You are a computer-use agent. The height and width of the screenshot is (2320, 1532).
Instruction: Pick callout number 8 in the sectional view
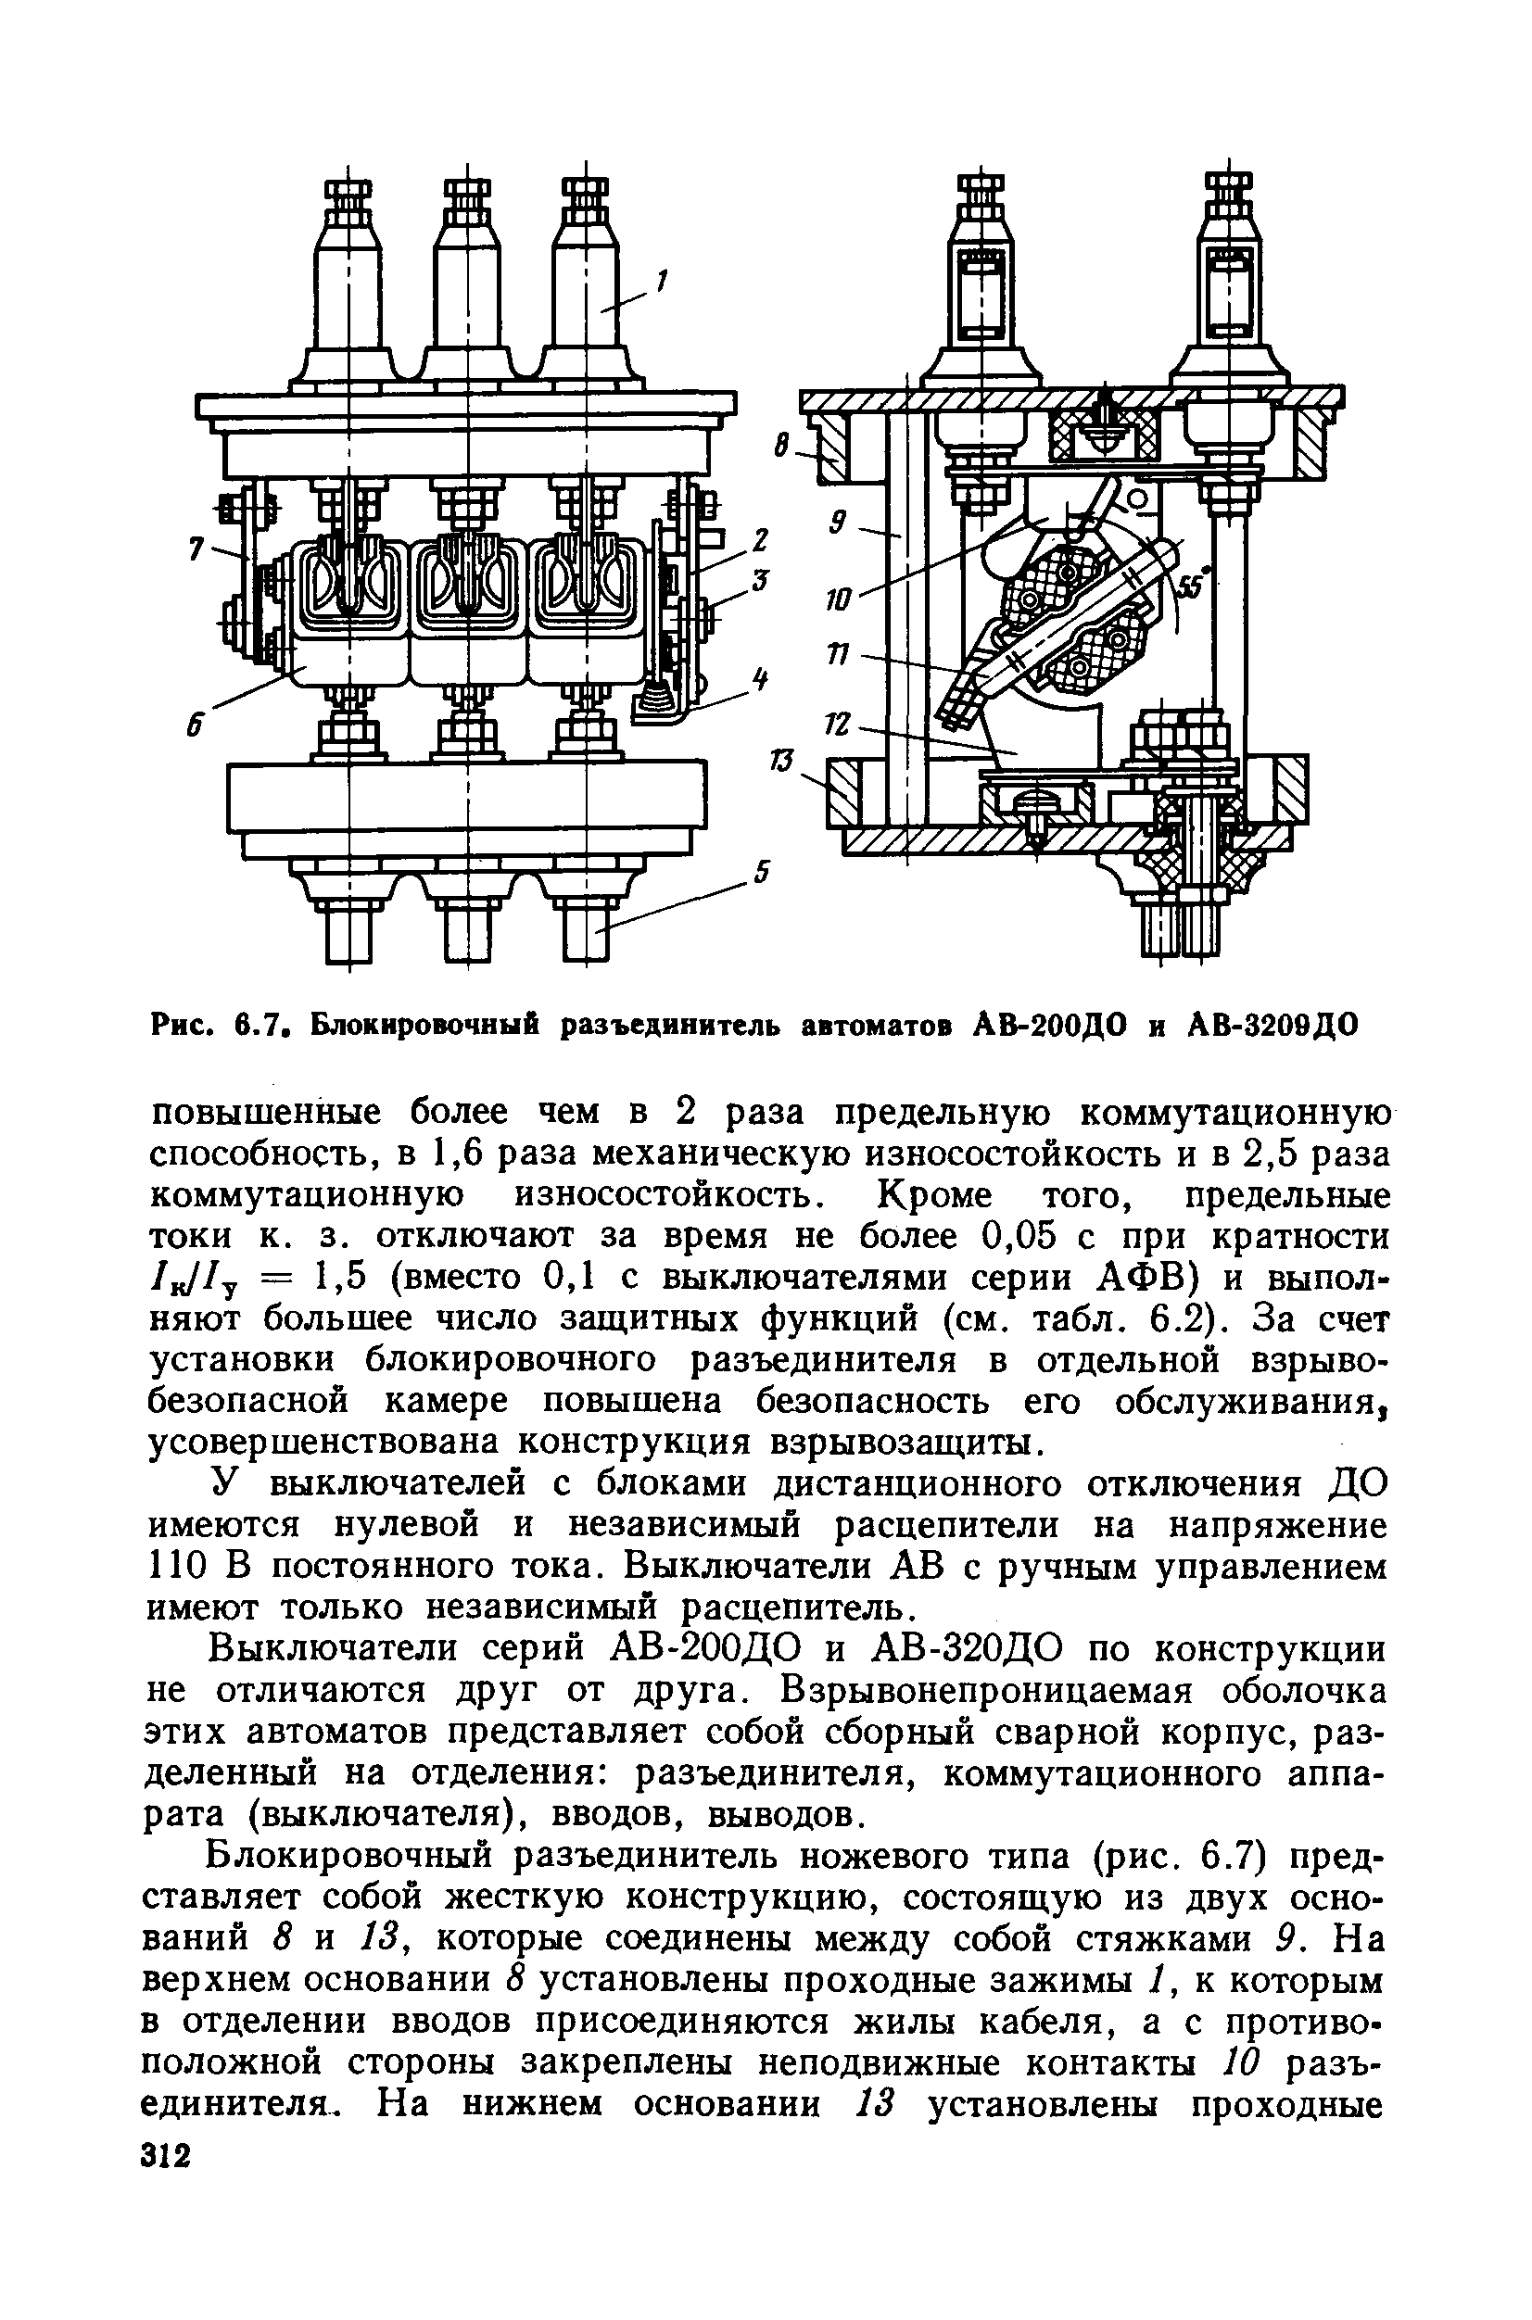[x=781, y=448]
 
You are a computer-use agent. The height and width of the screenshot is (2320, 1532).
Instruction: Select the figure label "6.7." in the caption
[x=258, y=1026]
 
